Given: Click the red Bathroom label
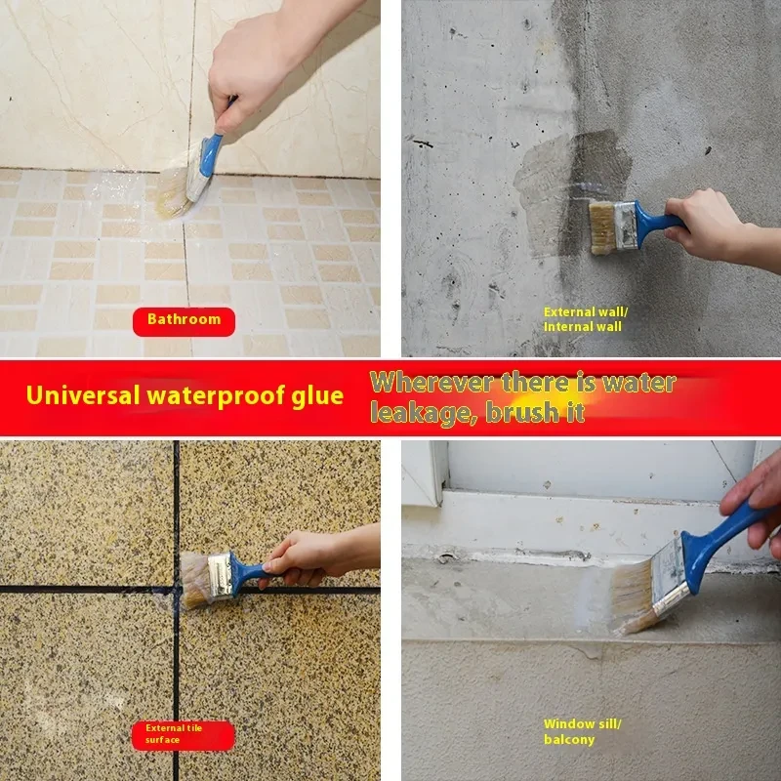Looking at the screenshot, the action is click(x=184, y=322).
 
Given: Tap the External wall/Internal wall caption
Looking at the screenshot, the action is click(x=585, y=319).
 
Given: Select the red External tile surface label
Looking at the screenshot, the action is click(x=183, y=735).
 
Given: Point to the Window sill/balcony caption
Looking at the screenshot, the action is click(x=582, y=731).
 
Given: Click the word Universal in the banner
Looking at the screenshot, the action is click(x=83, y=395).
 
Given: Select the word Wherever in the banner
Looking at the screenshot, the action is click(x=432, y=383).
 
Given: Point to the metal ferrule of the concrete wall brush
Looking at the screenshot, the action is click(x=626, y=226).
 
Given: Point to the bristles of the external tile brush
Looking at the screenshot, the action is click(x=195, y=580).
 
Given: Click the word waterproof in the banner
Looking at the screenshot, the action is click(x=216, y=397).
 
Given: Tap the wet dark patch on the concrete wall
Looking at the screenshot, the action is click(x=573, y=191).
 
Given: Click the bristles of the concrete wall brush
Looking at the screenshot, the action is click(x=602, y=227).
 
